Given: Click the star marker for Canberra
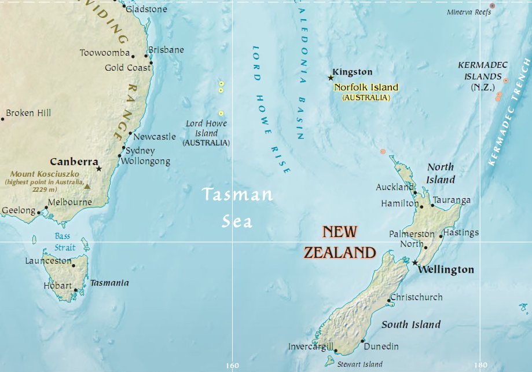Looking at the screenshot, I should tap(99, 169).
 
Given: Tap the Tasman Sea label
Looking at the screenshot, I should tap(237, 207).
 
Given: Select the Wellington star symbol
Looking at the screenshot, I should tap(414, 262).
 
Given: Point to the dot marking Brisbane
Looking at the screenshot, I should tap(146, 56).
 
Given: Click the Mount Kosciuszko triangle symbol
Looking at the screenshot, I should tap(87, 186).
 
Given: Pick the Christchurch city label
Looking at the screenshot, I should tap(416, 297).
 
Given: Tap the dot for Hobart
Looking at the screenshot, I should tap(76, 290).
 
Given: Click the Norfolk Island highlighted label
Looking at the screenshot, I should tap(366, 87).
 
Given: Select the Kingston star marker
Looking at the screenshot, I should tap(331, 78).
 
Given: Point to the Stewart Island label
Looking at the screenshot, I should tap(360, 364).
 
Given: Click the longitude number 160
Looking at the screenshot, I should tap(232, 366).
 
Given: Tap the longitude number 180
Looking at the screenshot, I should tap(480, 366).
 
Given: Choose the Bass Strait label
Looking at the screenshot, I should tap(65, 242).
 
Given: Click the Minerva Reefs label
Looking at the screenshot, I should tap(469, 12).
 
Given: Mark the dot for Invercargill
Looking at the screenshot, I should tap(335, 351).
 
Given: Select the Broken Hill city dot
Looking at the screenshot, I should tap(2, 119).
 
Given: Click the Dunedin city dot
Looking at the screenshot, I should tap(363, 341).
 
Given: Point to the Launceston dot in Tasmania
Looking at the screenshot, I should tap(74, 265).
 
